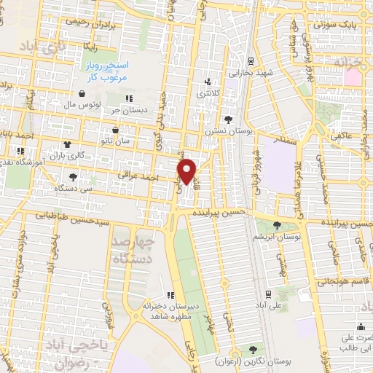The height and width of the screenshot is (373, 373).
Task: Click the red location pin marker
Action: click(188, 171)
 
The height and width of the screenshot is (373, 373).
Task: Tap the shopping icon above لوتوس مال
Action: click(81, 94)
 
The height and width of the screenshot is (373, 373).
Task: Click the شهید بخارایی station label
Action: click(251, 73)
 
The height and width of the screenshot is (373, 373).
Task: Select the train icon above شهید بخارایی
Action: click(251, 60)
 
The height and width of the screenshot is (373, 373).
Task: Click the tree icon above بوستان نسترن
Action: click(228, 119)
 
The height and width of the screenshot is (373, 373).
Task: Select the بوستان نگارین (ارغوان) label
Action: click(251, 361)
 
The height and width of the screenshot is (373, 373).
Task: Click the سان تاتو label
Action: click(116, 139)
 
